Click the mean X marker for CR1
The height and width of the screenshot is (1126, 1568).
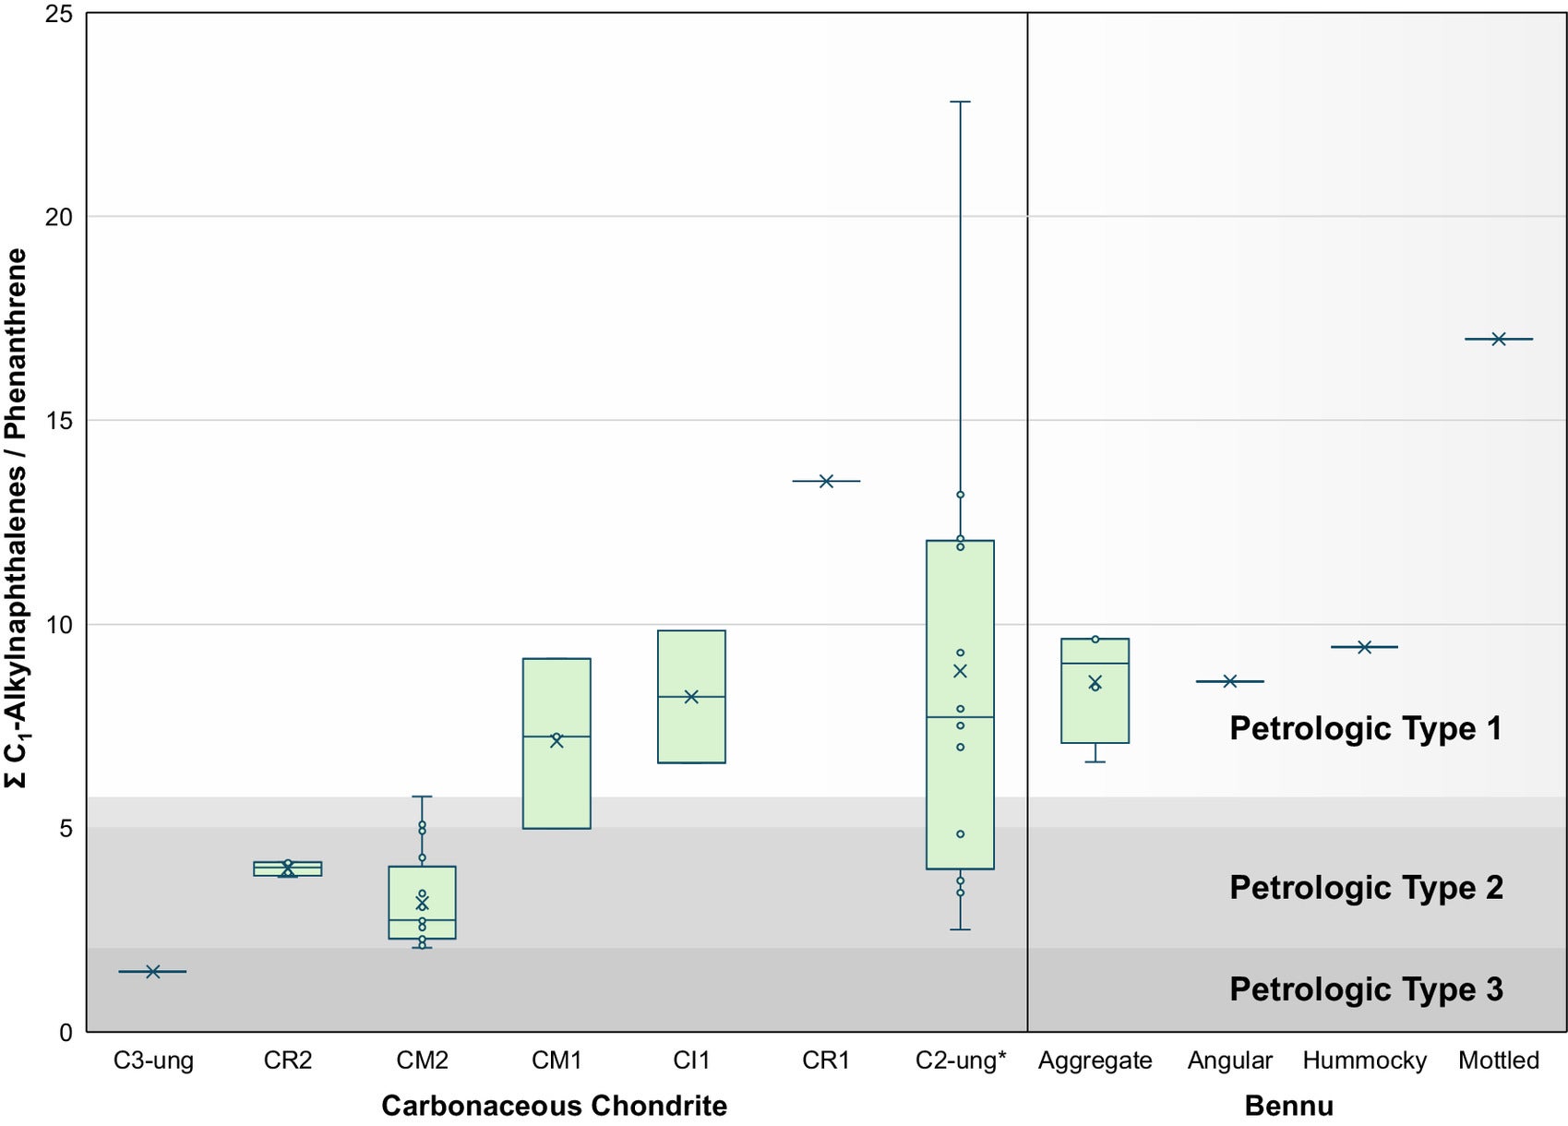[x=826, y=481]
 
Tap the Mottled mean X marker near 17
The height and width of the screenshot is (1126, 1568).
[x=1499, y=339]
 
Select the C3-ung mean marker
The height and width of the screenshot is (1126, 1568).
[x=153, y=971]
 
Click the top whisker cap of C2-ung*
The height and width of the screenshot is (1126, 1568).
[x=960, y=102]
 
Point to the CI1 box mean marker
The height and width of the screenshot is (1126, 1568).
[x=691, y=697]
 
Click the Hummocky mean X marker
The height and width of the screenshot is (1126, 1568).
[x=1364, y=647]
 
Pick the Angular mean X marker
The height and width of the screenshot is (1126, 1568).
[x=1229, y=681]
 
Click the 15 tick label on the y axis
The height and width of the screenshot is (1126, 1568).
[x=59, y=421]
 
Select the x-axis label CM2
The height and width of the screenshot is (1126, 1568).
[x=422, y=1060]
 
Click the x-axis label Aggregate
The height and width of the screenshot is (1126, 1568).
[x=1095, y=1060]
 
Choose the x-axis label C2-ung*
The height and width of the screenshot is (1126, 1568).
[x=960, y=1060]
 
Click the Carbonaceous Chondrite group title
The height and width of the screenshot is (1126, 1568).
[x=554, y=1106]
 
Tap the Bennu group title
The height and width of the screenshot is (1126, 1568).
[x=1288, y=1106]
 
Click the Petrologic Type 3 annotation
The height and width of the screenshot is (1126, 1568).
[x=1366, y=989]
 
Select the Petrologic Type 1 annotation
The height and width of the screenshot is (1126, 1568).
[x=1366, y=729]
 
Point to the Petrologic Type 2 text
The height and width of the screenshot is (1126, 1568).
[x=1366, y=888]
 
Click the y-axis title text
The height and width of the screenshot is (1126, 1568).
[x=16, y=517]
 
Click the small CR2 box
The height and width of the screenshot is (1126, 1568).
[x=288, y=868]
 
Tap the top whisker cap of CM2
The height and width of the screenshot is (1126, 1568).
[x=422, y=797]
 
